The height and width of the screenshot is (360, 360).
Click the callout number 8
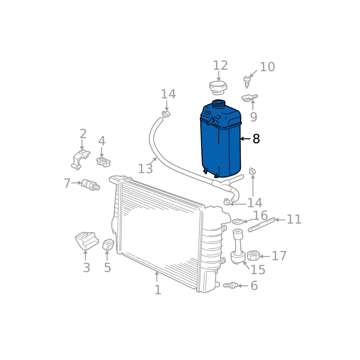pos(256,139)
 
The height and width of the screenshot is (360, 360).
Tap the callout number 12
pos(220,66)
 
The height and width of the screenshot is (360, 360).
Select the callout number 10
pos(267,67)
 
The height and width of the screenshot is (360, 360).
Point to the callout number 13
pos(145,169)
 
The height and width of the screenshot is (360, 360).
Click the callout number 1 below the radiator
pos(158,290)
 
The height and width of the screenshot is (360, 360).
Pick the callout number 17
pos(279,256)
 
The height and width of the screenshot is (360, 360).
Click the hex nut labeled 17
pos(253,255)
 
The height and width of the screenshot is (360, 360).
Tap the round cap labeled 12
pos(218,88)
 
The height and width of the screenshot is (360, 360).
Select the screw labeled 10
pos(247,82)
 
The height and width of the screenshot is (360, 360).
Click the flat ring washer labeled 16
pos(238,222)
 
